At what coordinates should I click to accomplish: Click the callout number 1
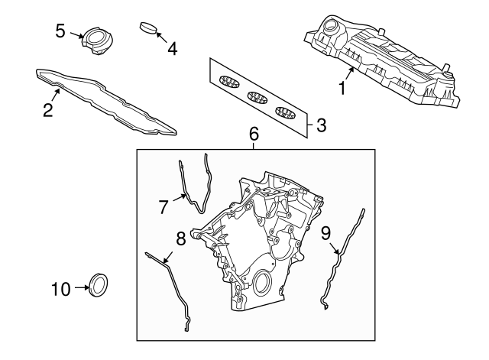click(x=343, y=89)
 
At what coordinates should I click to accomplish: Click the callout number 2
click(x=47, y=110)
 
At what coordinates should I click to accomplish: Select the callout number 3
click(x=321, y=125)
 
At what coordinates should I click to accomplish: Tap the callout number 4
click(x=172, y=48)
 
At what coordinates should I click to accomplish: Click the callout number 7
click(x=163, y=206)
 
